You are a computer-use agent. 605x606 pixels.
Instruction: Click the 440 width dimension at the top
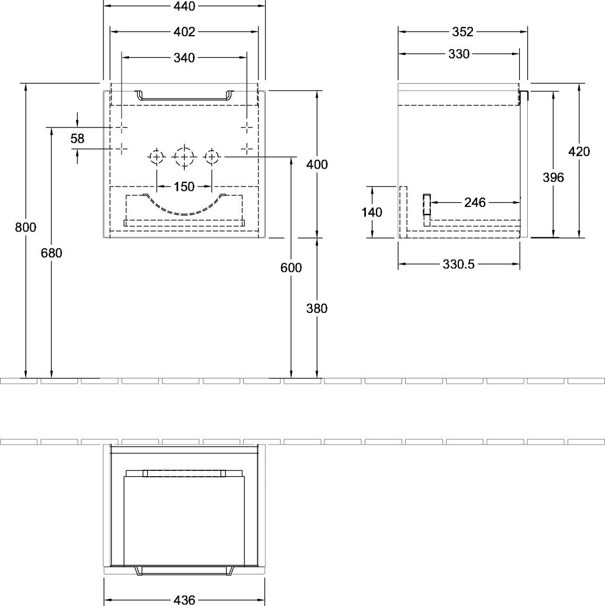point(184,6)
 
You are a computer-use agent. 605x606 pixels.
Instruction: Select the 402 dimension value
point(184,32)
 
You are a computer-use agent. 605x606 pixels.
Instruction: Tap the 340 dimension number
point(184,58)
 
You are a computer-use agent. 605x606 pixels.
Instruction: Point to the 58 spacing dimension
point(77,139)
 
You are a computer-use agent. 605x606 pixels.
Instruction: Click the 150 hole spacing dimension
point(184,187)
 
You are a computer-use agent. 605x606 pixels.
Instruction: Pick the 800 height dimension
point(26,227)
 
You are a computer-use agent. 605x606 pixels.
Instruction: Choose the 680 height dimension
point(51,253)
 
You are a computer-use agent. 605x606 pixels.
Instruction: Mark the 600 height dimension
point(291,267)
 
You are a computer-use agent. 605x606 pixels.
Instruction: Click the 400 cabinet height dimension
point(317,164)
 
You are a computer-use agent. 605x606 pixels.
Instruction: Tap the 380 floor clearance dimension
point(317,308)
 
